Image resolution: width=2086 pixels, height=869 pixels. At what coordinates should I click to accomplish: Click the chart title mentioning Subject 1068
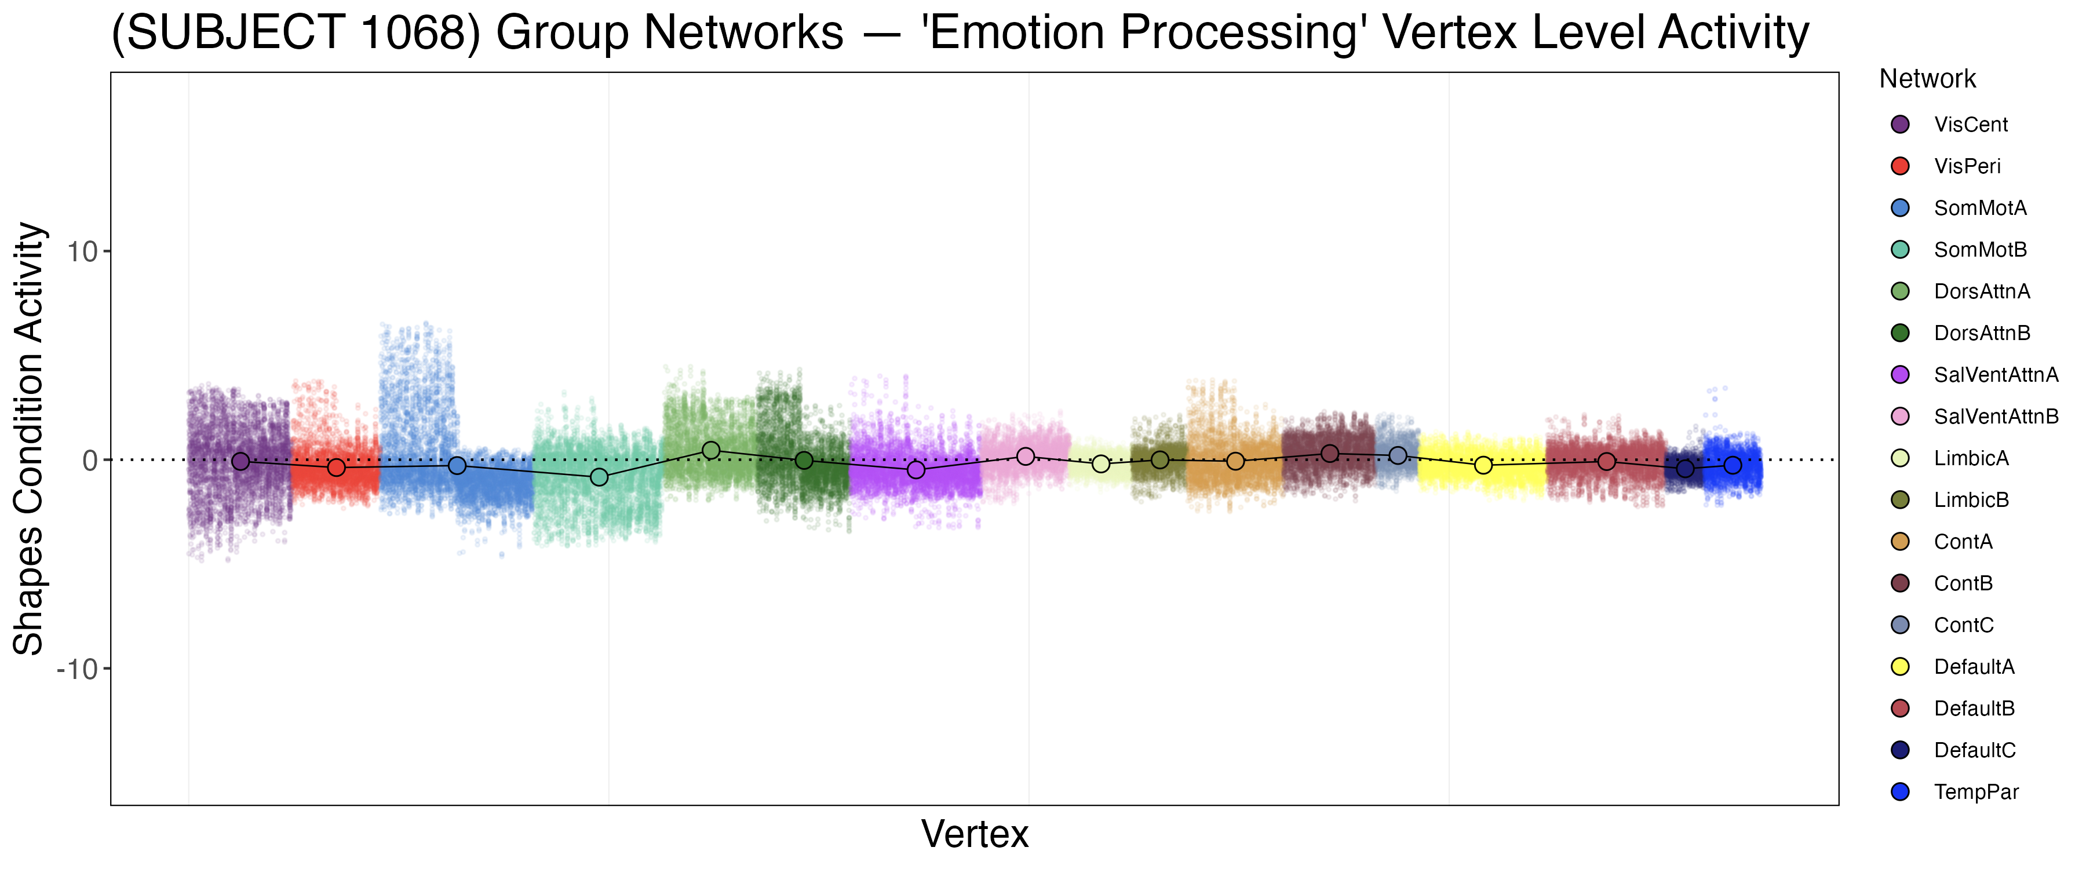[x=960, y=32]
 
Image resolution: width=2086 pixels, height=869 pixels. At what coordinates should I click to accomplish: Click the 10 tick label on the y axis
[x=82, y=252]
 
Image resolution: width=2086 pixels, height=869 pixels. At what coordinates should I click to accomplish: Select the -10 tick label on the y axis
[x=77, y=669]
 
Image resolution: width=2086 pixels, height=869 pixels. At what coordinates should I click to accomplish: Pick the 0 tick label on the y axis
[x=90, y=461]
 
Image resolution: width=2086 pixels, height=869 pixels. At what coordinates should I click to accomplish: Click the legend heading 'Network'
[x=1927, y=79]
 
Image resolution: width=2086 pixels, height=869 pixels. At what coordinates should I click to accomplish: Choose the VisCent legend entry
[x=1970, y=125]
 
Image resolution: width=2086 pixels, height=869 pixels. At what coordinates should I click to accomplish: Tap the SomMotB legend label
[x=1980, y=250]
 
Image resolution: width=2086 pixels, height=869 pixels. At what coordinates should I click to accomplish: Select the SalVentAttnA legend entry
[x=1995, y=375]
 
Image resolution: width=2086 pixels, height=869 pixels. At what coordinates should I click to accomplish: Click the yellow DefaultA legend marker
[x=1900, y=667]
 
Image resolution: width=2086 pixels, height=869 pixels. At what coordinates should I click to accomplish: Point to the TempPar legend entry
[x=1975, y=792]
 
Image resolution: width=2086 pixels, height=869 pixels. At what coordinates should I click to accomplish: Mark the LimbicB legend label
[x=1971, y=500]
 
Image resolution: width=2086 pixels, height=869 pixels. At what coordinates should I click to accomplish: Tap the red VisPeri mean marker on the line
[x=336, y=468]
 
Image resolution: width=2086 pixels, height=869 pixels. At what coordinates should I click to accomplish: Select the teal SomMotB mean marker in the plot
[x=599, y=477]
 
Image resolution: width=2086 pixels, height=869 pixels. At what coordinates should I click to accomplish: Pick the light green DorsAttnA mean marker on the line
[x=711, y=450]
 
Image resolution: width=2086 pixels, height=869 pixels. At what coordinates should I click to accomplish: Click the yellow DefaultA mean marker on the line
[x=1483, y=465]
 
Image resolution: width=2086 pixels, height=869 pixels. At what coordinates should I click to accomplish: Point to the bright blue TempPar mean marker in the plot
[x=1732, y=465]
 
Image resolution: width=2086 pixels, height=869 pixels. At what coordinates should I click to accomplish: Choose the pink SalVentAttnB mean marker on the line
[x=1025, y=457]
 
